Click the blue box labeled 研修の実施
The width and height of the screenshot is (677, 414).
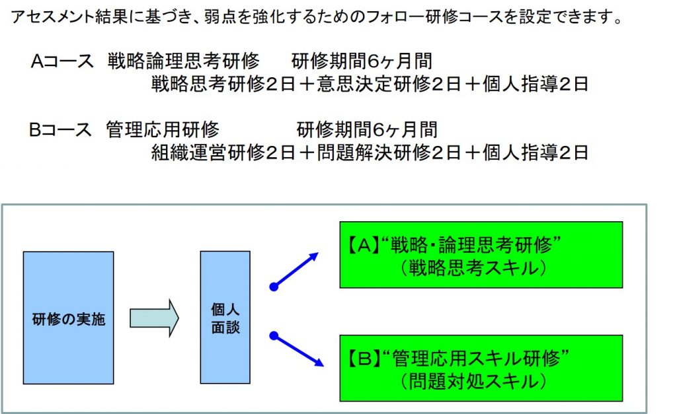tap(68, 318)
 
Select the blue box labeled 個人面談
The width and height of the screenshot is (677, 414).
tap(225, 318)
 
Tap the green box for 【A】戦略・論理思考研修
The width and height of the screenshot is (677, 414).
tap(481, 255)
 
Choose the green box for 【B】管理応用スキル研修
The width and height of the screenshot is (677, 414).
tap(481, 368)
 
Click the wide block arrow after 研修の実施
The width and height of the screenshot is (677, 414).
tap(154, 318)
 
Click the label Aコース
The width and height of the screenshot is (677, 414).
tap(62, 61)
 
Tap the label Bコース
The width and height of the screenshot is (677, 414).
tap(60, 129)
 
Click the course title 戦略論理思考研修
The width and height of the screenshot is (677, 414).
tap(184, 61)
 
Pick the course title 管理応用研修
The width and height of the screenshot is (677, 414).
tap(163, 129)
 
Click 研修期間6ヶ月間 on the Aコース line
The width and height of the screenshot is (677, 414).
tap(362, 61)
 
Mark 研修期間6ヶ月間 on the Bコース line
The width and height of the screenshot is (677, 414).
tap(367, 129)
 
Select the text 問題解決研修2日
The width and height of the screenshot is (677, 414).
tap(389, 153)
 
